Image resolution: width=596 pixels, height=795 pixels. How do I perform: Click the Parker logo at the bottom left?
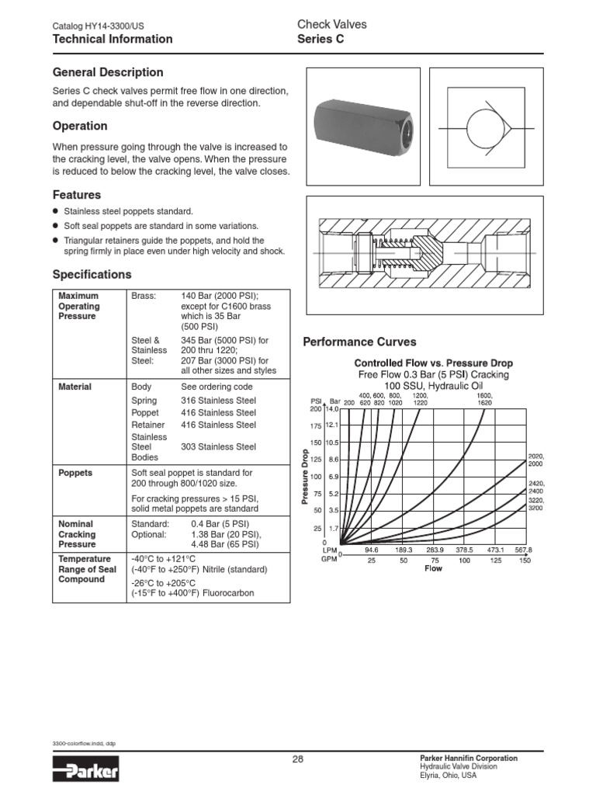pos(85,772)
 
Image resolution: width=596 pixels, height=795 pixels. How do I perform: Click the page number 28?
pos(298,759)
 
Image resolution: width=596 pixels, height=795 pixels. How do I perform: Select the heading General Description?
pos(108,72)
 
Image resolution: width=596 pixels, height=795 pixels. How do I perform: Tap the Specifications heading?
pos(92,274)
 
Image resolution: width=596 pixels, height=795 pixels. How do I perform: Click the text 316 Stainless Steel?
pos(218,401)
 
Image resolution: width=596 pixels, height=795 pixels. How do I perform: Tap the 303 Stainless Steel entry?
pos(218,446)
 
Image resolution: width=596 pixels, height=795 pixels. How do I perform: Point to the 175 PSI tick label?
pos(315,425)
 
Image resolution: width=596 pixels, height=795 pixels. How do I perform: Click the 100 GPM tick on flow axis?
pos(464,561)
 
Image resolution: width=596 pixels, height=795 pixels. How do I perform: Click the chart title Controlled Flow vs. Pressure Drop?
pos(433,363)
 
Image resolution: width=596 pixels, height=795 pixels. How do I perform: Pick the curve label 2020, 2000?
pos(535,459)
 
